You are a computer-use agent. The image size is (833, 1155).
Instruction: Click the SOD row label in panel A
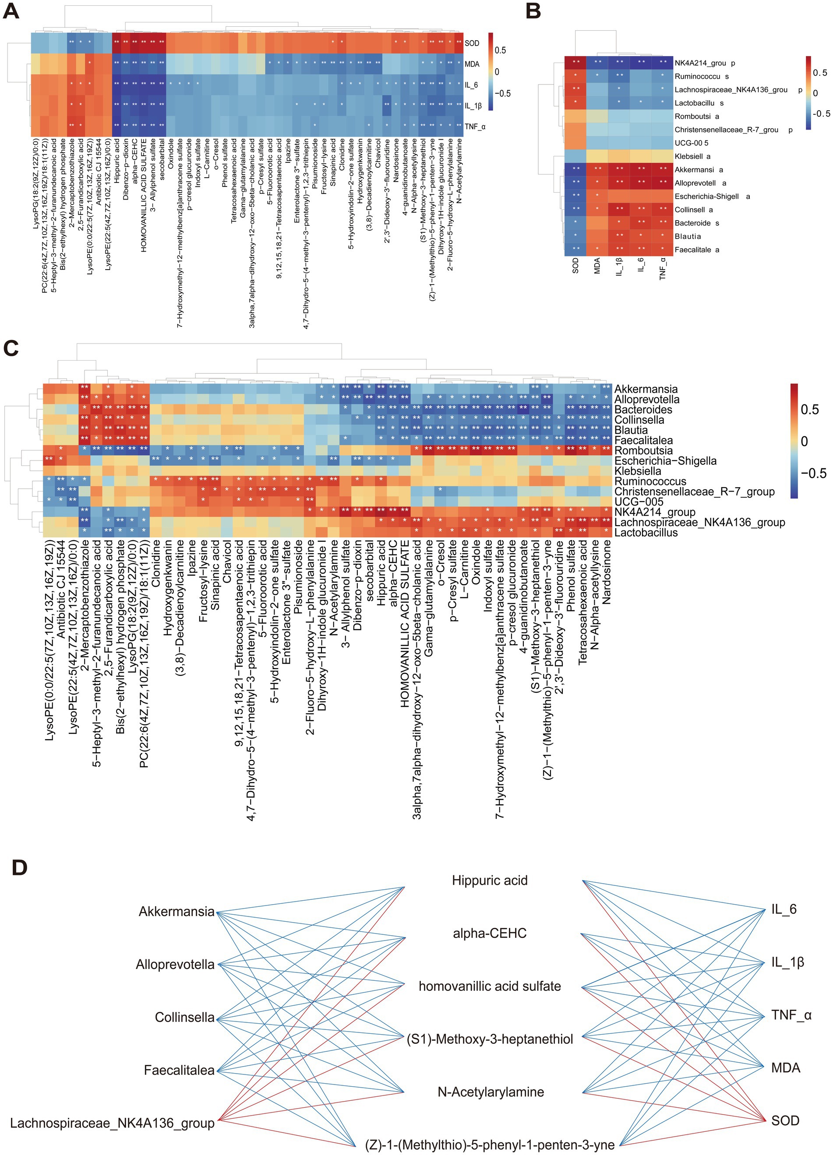tap(472, 43)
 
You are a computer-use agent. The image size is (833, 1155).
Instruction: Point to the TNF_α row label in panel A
tap(475, 126)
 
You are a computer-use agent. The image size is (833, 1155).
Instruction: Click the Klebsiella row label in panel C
tap(637, 471)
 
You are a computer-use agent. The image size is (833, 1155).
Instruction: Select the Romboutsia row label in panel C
tap(643, 451)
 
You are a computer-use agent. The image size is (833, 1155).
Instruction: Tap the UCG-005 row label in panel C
tap(639, 502)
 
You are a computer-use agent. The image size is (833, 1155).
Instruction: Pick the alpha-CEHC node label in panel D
tap(489, 934)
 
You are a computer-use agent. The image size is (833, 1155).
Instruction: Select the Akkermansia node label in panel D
tap(176, 912)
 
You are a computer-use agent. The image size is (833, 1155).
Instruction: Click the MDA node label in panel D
tap(785, 1068)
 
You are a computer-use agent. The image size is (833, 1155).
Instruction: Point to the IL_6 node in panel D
tap(784, 909)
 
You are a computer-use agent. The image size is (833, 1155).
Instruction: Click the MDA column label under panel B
tap(598, 265)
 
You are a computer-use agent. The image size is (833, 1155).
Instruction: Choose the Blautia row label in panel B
tap(687, 236)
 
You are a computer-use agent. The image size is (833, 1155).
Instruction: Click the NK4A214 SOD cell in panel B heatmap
tap(575, 63)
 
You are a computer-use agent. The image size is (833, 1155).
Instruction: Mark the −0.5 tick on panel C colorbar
tap(814, 473)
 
